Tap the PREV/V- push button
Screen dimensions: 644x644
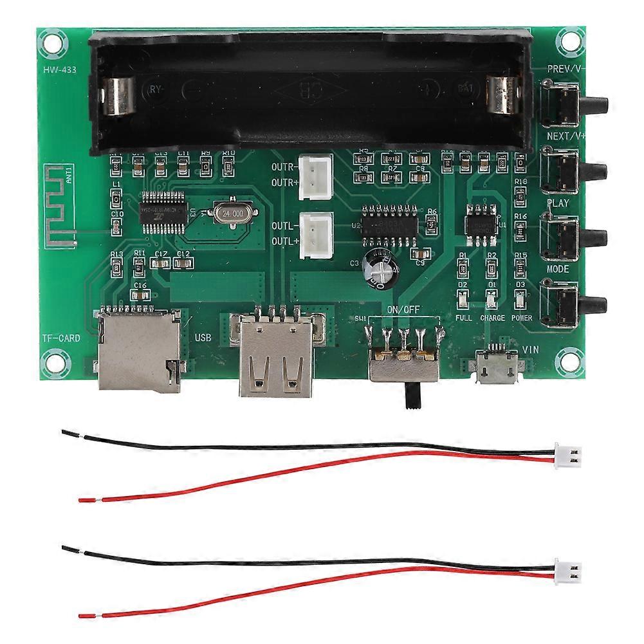[x=566, y=104]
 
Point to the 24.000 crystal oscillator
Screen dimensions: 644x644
[x=230, y=212]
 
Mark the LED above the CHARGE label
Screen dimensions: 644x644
[x=492, y=299]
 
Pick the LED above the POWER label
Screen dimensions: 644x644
[x=521, y=299]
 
